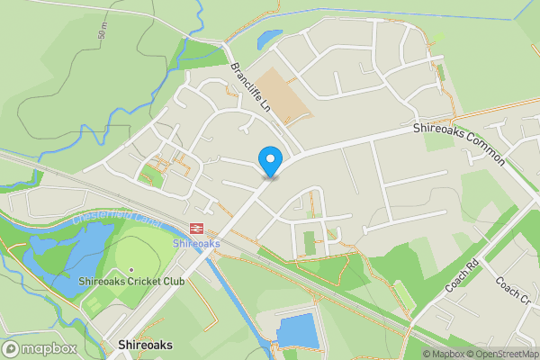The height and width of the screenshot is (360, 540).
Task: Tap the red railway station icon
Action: coord(195,229)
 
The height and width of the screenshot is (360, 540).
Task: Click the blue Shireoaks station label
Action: coord(195,244)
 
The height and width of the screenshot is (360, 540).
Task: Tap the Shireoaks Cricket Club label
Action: coord(131,282)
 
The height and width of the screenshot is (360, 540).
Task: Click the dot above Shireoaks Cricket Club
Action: coord(131,270)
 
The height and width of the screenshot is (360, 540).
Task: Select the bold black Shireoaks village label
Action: coord(144,345)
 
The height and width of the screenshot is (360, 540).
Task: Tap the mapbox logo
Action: coord(39,348)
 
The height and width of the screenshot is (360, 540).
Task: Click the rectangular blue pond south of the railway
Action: coord(296,332)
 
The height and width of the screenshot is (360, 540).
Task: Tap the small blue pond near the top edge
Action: coord(268,40)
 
